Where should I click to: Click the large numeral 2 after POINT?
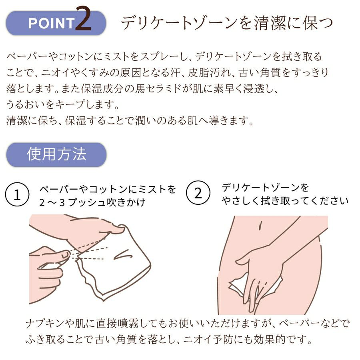[x=84, y=19]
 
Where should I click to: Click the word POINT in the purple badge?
[x=52, y=23]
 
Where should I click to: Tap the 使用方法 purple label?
[x=56, y=154]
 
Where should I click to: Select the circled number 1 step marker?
[x=17, y=194]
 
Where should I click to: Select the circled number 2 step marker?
[x=198, y=193]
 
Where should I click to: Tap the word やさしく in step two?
[x=241, y=201]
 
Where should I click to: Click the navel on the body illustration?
[x=260, y=226]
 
